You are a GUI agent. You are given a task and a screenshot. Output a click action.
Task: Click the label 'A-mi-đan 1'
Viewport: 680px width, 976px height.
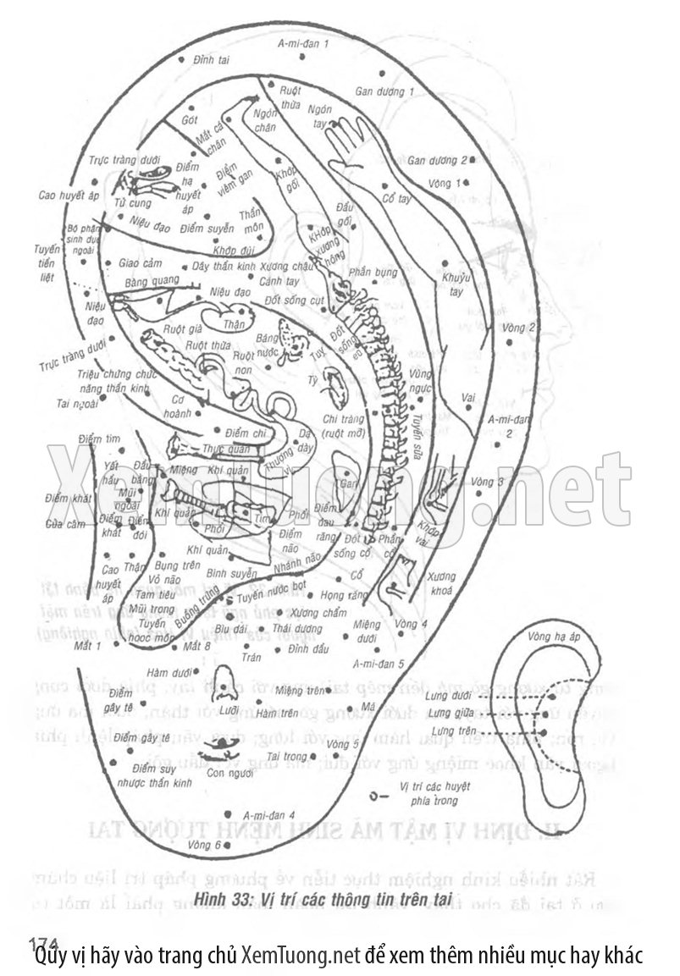coord(303,42)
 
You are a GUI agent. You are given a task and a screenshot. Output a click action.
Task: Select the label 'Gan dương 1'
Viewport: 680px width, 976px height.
coord(384,91)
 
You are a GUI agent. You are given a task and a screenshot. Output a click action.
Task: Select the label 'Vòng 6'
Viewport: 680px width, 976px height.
coord(206,844)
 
